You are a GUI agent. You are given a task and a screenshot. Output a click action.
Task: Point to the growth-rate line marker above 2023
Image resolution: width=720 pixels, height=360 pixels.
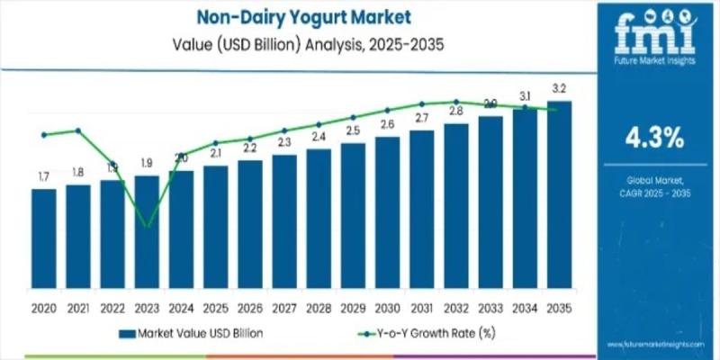coord(147,225)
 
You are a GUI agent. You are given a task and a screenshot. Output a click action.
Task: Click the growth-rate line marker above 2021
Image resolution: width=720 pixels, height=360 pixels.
coord(77,130)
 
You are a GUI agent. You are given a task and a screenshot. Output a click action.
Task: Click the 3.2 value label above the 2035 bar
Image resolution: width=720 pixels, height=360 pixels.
coord(559,88)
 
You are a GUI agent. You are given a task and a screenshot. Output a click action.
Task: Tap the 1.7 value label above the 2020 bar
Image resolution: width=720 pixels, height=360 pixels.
coord(43,176)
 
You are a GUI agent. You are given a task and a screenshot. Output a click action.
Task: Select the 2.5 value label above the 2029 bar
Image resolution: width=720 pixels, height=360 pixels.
coord(353,130)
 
